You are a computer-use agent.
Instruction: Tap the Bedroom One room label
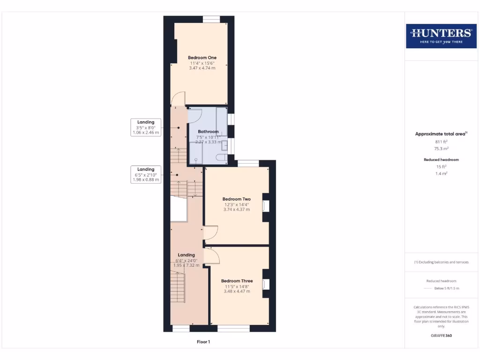tap(202, 58)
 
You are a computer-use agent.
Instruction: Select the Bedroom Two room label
tap(236, 199)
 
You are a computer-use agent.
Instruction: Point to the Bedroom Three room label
tap(237, 281)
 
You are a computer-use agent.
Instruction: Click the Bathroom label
tap(208, 132)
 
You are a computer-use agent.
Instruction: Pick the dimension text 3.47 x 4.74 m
tap(202, 68)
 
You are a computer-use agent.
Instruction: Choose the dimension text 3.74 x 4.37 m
tap(236, 210)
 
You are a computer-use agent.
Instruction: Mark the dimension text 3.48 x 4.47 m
tap(237, 291)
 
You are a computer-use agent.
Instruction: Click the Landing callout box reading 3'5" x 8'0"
tap(146, 127)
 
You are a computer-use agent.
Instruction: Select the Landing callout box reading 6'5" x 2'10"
tap(146, 174)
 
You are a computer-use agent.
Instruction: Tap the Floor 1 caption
tap(203, 342)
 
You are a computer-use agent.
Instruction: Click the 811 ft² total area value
tap(441, 141)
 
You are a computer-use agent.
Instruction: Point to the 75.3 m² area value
tap(441, 148)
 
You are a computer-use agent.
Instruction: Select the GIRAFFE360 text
tap(441, 336)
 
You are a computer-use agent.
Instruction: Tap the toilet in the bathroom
tap(221, 158)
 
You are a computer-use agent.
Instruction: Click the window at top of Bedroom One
tap(211, 19)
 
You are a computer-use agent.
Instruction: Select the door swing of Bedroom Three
tap(214, 255)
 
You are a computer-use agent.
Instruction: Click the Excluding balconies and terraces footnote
tap(441, 262)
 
